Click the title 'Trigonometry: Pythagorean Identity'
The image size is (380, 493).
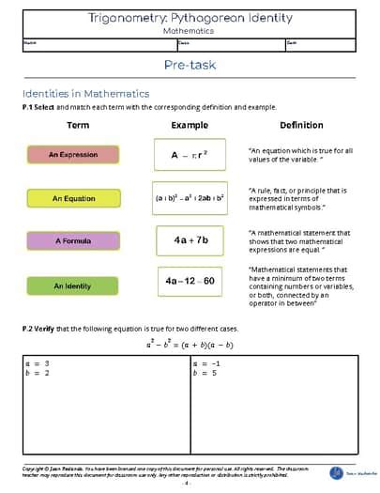coord(190,18)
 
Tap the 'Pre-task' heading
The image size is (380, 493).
coord(190,65)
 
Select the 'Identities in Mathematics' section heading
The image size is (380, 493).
coord(85,93)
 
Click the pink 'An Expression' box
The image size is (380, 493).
coord(73,155)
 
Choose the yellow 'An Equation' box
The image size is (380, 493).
coord(73,198)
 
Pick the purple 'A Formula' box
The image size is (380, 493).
coord(73,240)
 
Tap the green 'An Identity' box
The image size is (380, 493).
coord(73,285)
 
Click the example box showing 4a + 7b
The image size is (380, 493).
coord(190,240)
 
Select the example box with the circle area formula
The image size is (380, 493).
coord(190,155)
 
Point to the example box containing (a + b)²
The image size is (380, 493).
coord(190,198)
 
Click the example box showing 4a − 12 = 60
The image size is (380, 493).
coord(190,281)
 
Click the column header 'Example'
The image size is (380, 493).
coord(190,125)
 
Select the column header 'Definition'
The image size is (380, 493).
coord(301,125)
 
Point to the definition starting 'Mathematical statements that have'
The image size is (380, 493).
coord(297,285)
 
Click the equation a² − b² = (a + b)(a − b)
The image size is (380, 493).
coord(190,345)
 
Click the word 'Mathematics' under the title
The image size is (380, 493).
coord(190,30)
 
